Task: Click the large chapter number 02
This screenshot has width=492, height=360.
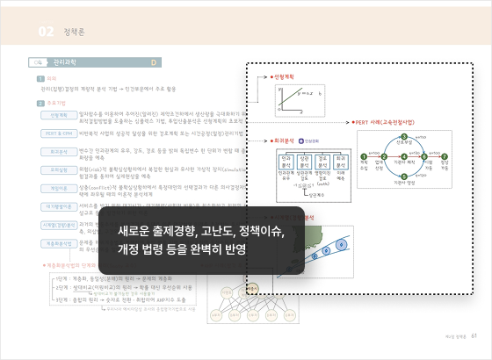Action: (47, 32)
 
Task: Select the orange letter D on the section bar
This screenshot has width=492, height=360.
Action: (154, 63)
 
